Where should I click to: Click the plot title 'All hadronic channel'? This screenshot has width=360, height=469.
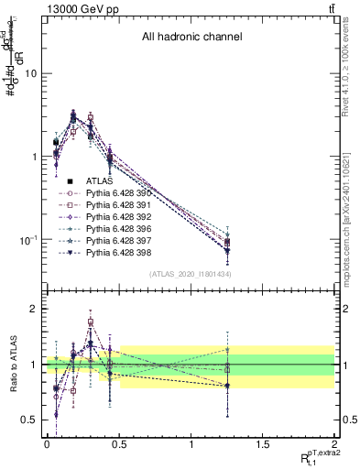pos(191,38)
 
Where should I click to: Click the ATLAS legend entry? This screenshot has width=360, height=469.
pos(100,180)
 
